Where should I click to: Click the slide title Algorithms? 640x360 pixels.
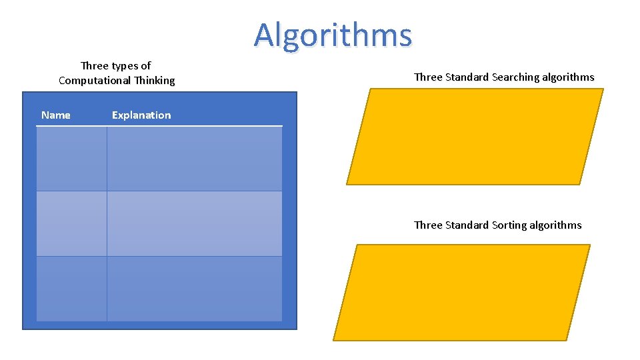point(333,35)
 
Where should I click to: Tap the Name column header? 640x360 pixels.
point(56,115)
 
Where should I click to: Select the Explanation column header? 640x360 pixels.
point(141,115)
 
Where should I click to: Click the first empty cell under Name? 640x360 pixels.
point(71,159)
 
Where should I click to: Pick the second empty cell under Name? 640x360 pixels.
point(71,223)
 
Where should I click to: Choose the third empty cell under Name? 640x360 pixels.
point(71,288)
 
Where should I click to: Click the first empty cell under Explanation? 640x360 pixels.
point(194,159)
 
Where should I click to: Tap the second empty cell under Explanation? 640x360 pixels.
point(194,223)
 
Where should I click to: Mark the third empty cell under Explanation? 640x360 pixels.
point(194,288)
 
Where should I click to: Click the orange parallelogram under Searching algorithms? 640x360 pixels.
point(475,137)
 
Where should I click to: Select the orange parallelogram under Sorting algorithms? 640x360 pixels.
point(461,292)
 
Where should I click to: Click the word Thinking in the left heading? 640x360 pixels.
point(154,81)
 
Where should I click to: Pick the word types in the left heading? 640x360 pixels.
point(125,66)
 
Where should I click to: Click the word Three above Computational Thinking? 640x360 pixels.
point(94,66)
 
